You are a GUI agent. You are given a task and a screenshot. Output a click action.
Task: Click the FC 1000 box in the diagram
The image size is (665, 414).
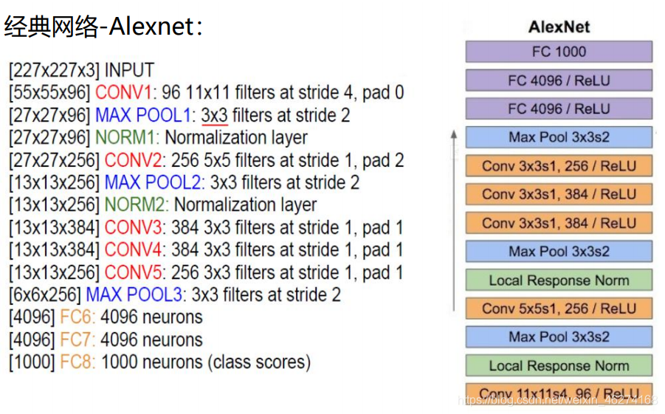coord(559,52)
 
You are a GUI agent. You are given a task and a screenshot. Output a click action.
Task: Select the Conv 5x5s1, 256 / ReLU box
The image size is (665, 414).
coord(559,308)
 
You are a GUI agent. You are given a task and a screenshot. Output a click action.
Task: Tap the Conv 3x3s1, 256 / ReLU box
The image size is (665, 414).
coord(559,166)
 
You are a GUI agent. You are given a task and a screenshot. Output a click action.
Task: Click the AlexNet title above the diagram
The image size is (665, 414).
coord(559,27)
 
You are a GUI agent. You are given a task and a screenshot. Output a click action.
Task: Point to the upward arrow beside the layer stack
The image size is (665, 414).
coord(454,221)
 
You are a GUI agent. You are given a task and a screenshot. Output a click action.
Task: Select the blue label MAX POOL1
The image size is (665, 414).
coord(143,115)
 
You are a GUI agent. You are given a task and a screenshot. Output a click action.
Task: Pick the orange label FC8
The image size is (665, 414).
coord(77,362)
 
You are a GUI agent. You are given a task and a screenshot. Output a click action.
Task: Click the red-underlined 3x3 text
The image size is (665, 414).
coord(214,115)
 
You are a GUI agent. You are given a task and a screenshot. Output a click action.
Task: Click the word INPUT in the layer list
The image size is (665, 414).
coord(129,71)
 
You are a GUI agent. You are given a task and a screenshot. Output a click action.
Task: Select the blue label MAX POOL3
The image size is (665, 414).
coord(134,295)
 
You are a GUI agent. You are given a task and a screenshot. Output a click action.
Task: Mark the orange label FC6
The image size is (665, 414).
coord(77,317)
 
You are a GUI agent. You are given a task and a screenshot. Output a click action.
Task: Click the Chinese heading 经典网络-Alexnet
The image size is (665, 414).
coord(103,27)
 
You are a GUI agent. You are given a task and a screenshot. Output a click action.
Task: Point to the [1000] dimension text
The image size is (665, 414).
coord(32,362)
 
